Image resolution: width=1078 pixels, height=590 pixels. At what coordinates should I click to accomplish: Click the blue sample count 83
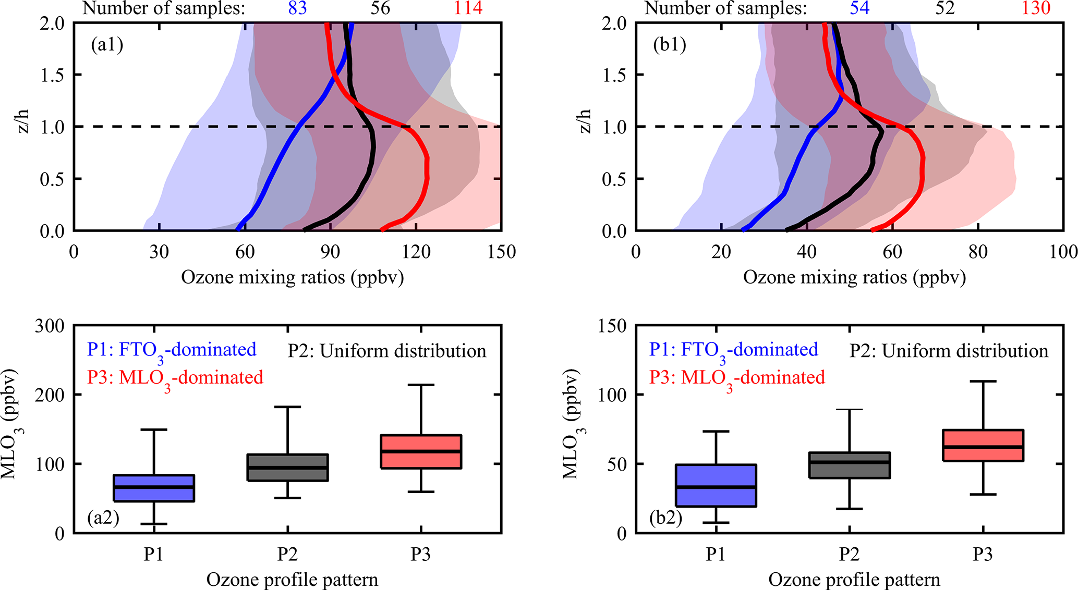(x=297, y=8)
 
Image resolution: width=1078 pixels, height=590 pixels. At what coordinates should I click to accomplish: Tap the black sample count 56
(x=380, y=8)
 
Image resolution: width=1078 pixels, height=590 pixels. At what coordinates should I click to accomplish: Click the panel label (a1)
(x=107, y=45)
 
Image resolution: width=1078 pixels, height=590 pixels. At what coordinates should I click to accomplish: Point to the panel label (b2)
(x=665, y=518)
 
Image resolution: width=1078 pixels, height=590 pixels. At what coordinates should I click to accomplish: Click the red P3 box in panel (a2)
(x=421, y=451)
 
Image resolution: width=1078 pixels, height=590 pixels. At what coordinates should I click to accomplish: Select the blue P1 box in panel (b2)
(x=716, y=485)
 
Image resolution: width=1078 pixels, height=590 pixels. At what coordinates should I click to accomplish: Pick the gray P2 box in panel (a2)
(x=287, y=468)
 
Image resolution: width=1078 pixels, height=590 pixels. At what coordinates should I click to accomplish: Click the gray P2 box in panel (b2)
(x=849, y=465)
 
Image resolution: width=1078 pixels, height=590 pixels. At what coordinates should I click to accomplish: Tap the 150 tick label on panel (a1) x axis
(x=501, y=252)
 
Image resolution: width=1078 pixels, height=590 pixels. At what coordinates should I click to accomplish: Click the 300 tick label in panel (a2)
(x=50, y=326)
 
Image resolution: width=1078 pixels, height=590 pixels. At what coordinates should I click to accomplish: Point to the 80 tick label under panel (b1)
(x=978, y=252)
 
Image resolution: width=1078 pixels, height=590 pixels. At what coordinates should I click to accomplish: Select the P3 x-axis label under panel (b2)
(x=983, y=554)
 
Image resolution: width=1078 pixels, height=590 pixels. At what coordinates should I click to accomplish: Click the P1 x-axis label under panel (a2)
(x=154, y=554)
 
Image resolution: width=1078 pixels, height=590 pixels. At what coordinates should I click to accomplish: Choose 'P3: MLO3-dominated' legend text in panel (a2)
(x=175, y=378)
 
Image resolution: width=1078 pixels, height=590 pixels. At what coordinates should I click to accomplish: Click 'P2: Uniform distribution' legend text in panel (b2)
(x=949, y=351)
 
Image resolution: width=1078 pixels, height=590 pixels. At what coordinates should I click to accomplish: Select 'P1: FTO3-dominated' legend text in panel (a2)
(x=172, y=350)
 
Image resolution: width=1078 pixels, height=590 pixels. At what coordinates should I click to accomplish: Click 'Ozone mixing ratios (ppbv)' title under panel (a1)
(x=292, y=277)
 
